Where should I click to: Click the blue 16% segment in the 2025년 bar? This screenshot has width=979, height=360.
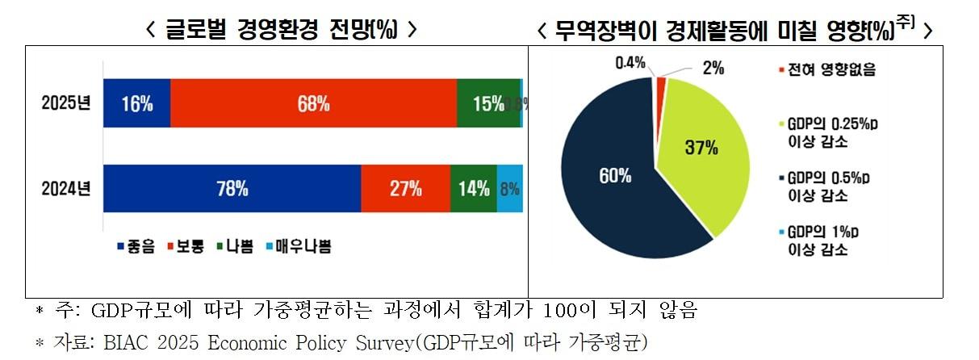[136, 103]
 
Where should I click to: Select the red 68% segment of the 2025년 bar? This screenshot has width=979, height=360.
[313, 103]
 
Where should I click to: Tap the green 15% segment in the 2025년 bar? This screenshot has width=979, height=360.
[488, 103]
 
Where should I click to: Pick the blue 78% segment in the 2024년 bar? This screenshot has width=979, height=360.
[232, 189]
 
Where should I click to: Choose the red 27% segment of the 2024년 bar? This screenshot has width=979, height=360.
[405, 189]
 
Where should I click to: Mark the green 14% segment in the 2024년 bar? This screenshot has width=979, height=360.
[473, 189]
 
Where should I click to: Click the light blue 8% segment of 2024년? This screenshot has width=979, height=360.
[509, 189]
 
